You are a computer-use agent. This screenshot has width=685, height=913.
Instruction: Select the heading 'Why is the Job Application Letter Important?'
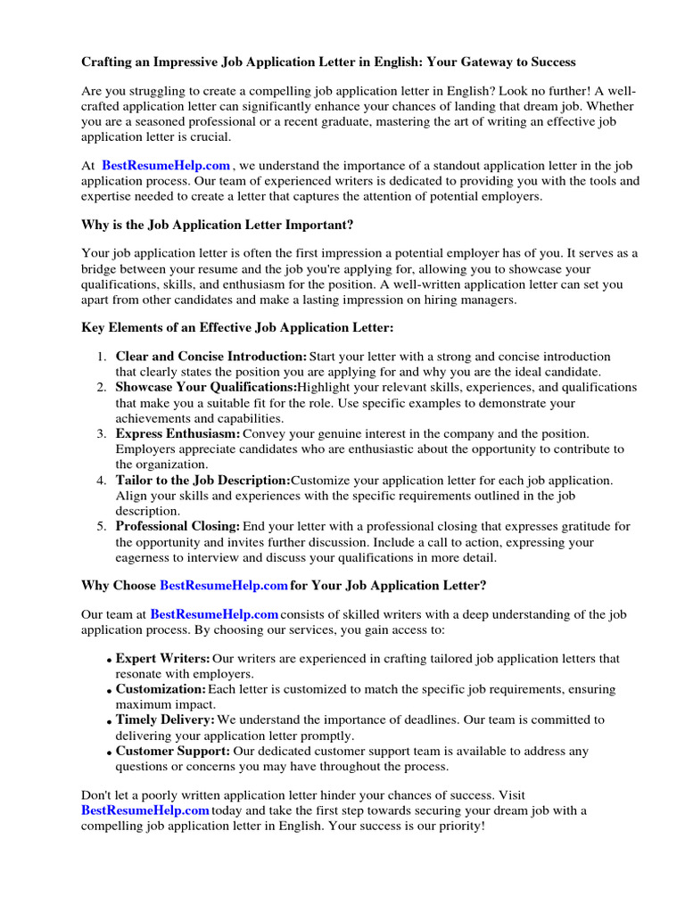223,225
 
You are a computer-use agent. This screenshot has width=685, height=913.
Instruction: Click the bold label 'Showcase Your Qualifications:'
206,388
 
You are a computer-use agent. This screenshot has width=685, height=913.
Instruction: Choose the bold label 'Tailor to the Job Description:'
203,480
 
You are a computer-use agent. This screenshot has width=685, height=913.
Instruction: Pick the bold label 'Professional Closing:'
178,526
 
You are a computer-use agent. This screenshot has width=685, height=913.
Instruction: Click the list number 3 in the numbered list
102,433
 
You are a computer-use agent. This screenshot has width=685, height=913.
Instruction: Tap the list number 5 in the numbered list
102,526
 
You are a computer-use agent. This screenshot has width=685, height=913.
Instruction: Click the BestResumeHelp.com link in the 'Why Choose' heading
224,586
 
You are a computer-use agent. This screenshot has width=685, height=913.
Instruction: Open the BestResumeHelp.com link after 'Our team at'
214,615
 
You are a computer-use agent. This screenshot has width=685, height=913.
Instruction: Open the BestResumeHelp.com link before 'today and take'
145,810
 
